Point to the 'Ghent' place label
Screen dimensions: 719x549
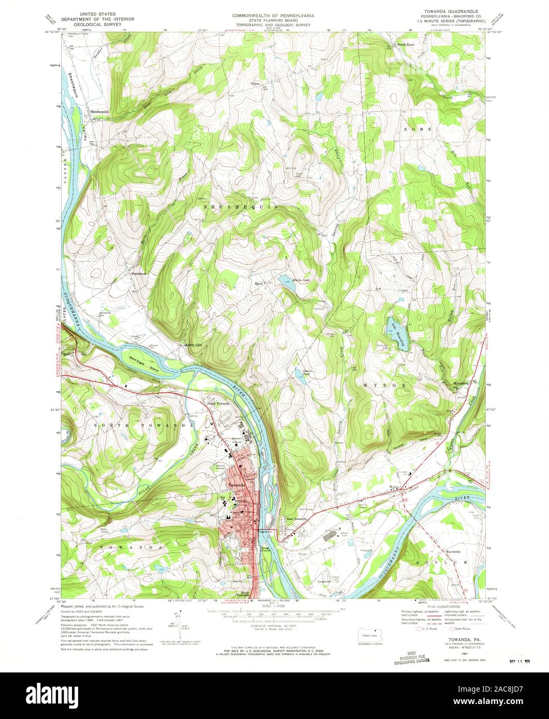255,83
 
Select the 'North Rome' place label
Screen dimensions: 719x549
406,45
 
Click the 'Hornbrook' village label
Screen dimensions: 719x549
139,273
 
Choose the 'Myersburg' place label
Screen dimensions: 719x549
464,383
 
